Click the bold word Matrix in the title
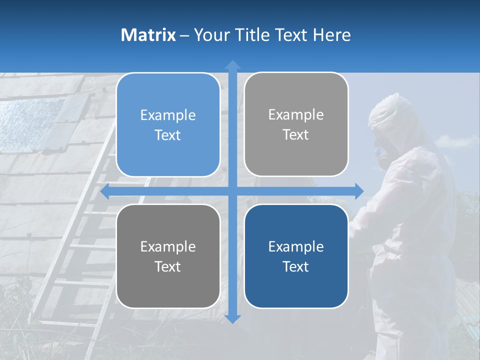point(148,35)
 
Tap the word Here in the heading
point(332,35)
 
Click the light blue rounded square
point(168,125)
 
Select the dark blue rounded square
point(296,256)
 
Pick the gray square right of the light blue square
point(296,124)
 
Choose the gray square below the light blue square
point(168,256)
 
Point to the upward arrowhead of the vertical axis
point(232,64)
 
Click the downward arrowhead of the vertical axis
point(232,318)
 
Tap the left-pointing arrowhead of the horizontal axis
point(105,191)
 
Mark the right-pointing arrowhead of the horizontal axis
point(359,191)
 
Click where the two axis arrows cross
point(232,191)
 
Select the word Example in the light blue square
point(168,115)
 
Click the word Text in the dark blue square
point(296,266)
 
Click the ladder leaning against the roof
point(75,250)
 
